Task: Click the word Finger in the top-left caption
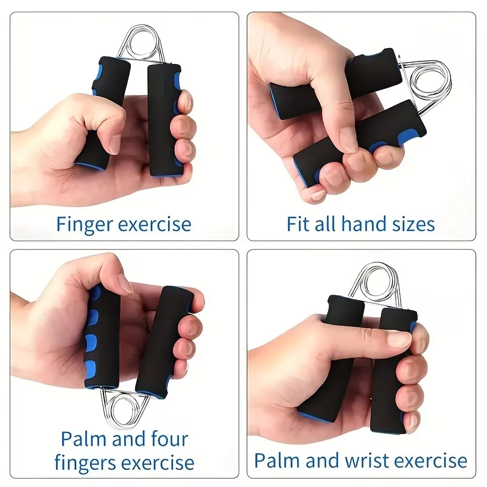tap(85, 225)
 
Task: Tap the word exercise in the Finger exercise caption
tap(155, 225)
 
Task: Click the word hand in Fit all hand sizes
tap(365, 224)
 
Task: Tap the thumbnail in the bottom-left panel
tap(125, 284)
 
